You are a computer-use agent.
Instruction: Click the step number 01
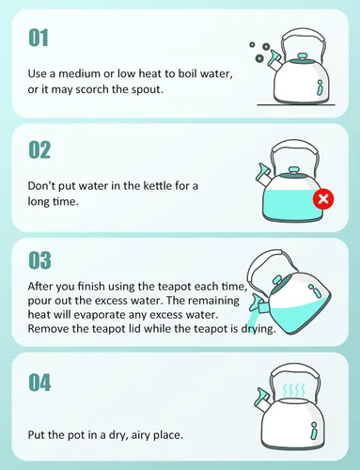[39, 38]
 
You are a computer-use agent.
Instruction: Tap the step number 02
[39, 149]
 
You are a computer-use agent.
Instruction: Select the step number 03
[39, 260]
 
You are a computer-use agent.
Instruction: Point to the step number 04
[39, 383]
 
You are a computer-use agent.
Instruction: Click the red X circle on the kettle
[323, 199]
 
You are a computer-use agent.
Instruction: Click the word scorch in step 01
[92, 89]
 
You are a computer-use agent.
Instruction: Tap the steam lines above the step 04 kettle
[293, 390]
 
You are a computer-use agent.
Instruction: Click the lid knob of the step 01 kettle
[302, 57]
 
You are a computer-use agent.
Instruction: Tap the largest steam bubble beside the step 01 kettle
[259, 57]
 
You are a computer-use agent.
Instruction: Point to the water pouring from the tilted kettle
[257, 319]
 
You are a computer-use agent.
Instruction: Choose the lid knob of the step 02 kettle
[293, 171]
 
